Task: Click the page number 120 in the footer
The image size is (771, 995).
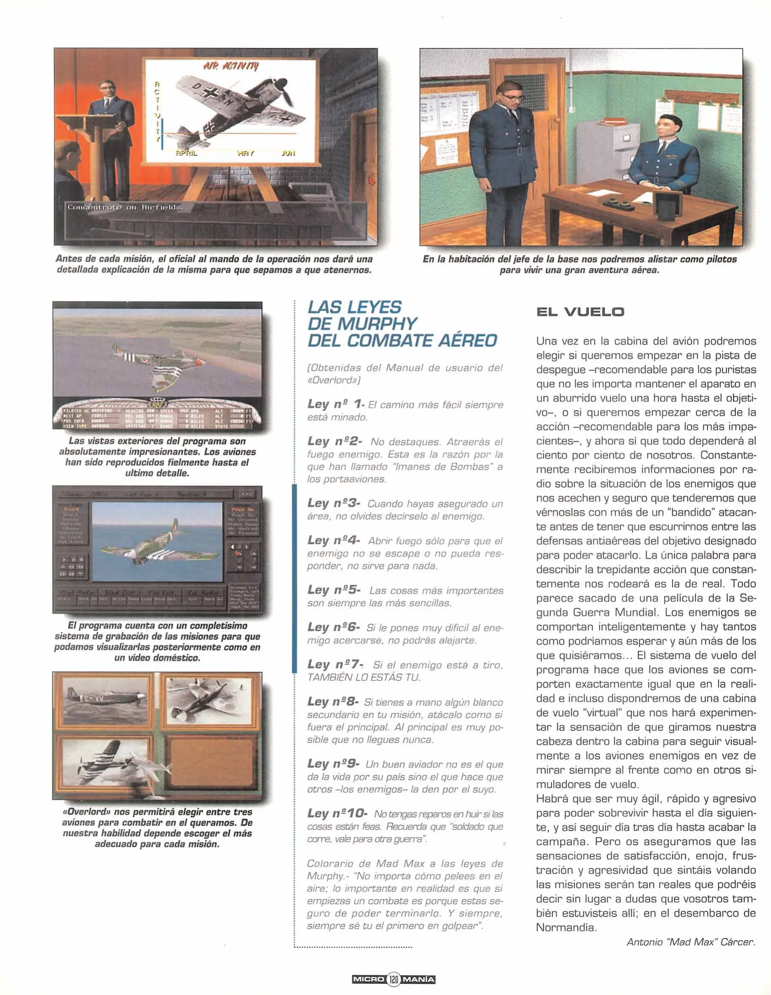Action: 393,979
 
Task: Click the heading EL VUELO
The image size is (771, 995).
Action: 580,312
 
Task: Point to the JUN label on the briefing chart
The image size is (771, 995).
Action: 288,153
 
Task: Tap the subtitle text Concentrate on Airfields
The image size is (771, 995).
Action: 125,207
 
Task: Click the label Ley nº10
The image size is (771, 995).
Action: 337,813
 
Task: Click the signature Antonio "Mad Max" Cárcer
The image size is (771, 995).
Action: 690,942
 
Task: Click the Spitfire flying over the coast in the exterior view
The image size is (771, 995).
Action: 159,360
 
